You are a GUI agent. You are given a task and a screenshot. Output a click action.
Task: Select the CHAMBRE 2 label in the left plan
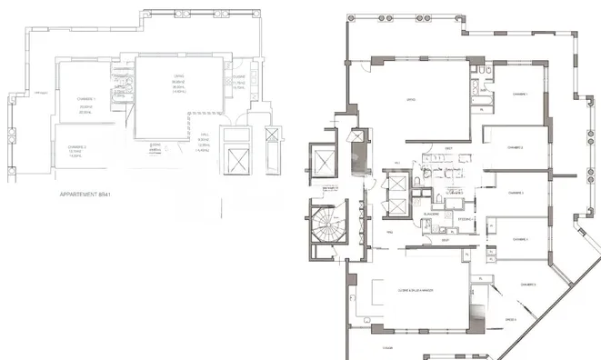click(76, 146)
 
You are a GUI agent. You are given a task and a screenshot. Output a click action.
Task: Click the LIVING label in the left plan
click(178, 77)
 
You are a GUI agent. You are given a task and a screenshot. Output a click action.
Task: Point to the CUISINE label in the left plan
click(237, 77)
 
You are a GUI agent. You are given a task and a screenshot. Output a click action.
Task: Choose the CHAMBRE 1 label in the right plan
click(519, 94)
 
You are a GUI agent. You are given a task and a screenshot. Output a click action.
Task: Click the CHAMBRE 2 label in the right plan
click(516, 146)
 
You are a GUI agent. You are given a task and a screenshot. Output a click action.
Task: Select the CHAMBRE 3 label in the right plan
click(516, 193)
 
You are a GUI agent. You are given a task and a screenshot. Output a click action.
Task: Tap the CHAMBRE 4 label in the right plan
click(519, 239)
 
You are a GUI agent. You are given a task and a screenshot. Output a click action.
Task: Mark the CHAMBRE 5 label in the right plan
click(527, 285)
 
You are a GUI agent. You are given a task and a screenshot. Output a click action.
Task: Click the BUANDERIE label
click(432, 213)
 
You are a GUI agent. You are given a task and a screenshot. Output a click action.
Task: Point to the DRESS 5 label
click(510, 320)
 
